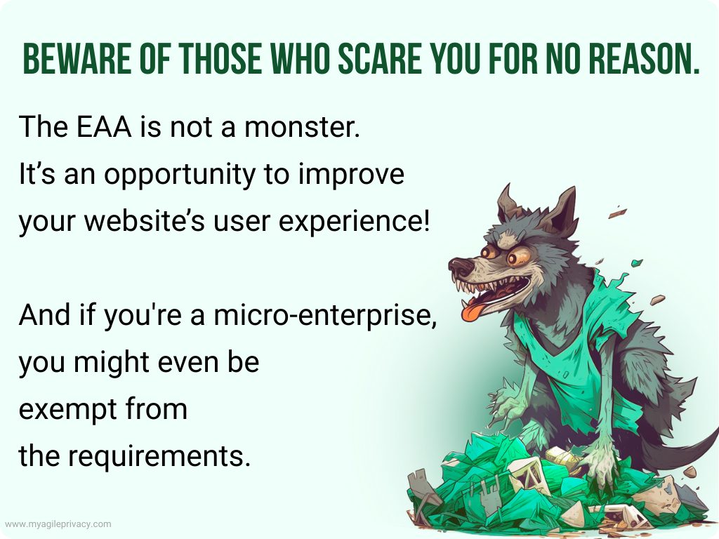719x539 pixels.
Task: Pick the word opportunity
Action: click(179, 175)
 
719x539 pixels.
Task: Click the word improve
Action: click(351, 175)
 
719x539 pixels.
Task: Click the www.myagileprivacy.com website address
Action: click(58, 524)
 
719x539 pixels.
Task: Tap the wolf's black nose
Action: click(459, 266)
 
